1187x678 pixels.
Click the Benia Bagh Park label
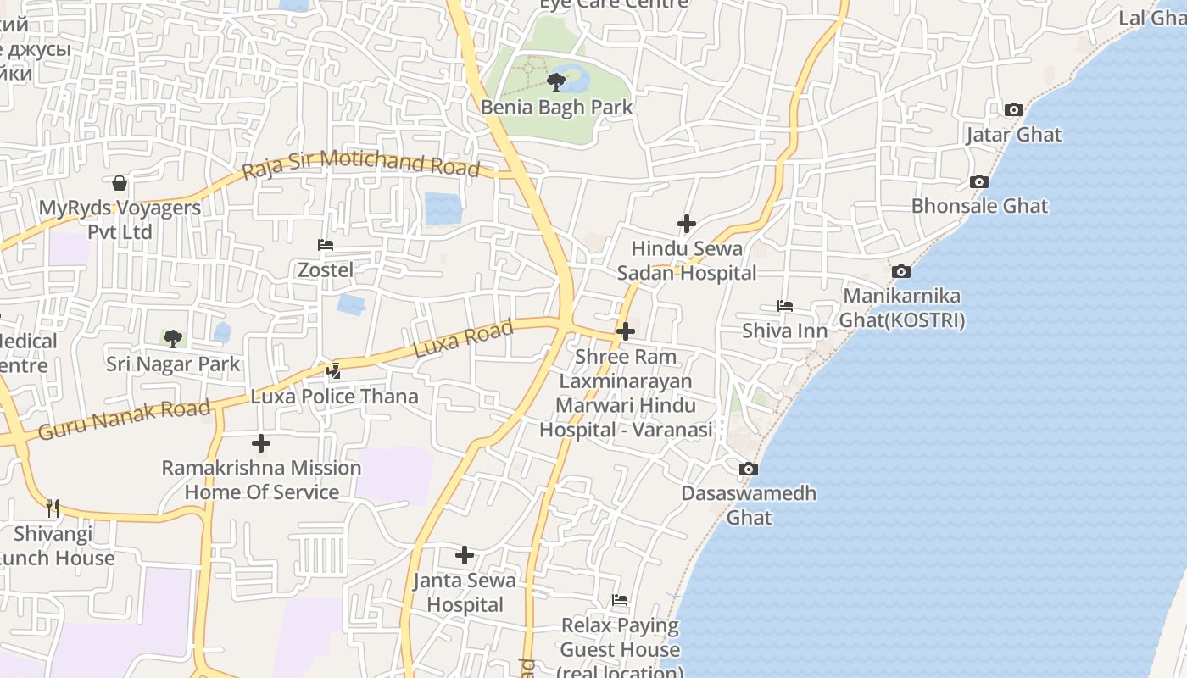point(556,108)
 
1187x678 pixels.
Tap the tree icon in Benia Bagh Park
point(556,82)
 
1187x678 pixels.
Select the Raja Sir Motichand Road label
point(360,164)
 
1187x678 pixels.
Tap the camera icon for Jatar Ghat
point(1013,109)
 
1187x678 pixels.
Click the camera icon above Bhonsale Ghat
point(978,181)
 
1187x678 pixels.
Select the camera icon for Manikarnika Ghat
point(901,271)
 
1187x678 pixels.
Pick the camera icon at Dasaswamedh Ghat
point(748,469)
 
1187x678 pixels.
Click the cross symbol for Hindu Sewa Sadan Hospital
point(687,224)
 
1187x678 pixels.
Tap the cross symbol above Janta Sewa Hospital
point(465,555)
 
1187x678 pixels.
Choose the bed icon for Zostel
point(326,245)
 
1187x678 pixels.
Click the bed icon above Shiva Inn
point(785,306)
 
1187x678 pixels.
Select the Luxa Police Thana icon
point(334,370)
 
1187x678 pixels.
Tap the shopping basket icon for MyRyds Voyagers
point(120,183)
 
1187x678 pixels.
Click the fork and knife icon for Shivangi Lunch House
point(53,508)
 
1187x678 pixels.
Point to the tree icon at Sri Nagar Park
point(173,339)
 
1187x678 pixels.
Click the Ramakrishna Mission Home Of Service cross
point(261,442)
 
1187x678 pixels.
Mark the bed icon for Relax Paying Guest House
point(620,600)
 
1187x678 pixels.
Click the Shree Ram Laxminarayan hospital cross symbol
point(626,331)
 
